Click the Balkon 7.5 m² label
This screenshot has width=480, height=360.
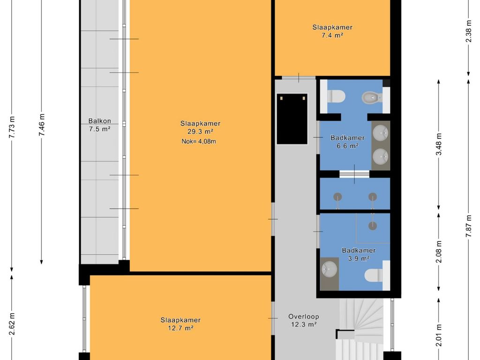click(x=99, y=125)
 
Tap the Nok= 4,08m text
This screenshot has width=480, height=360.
click(x=199, y=142)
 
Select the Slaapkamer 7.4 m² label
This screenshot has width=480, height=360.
click(x=332, y=31)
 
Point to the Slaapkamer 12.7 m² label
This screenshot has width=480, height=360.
click(x=180, y=324)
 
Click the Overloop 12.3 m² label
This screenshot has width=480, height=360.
click(x=304, y=320)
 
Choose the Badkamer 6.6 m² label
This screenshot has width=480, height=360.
click(x=347, y=142)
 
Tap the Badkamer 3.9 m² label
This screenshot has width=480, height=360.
click(x=359, y=255)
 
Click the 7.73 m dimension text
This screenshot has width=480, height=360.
click(x=12, y=127)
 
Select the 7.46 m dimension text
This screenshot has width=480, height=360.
click(x=42, y=125)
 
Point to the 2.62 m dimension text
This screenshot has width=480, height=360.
click(x=12, y=324)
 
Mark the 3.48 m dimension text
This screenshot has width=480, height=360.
click(x=439, y=144)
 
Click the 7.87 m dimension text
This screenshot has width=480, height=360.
click(x=469, y=226)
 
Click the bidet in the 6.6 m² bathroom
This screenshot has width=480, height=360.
click(x=371, y=97)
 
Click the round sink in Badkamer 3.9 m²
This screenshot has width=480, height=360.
click(x=329, y=270)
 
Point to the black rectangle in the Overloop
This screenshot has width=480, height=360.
click(x=292, y=119)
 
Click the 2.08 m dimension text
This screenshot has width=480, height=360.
click(x=439, y=252)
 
